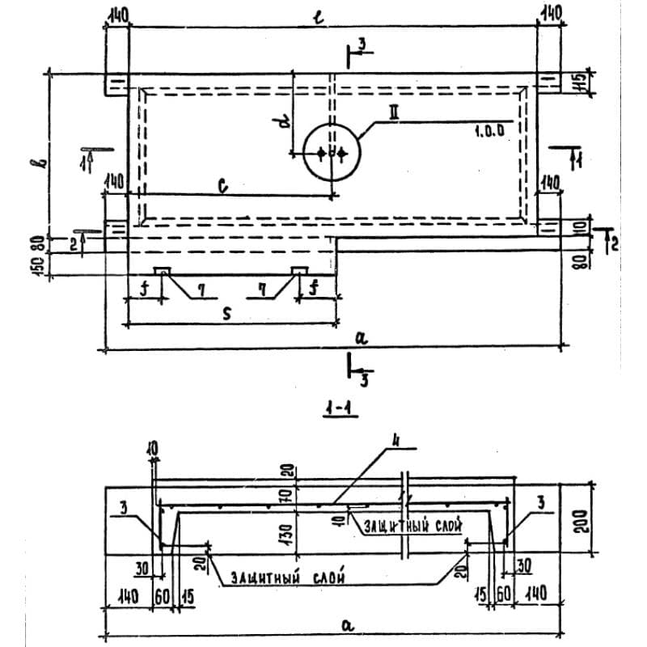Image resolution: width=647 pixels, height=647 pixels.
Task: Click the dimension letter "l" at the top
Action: pyautogui.click(x=320, y=16)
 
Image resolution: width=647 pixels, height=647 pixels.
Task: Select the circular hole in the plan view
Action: pyautogui.click(x=332, y=152)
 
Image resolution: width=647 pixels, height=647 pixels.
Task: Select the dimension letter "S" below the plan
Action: pyautogui.click(x=227, y=315)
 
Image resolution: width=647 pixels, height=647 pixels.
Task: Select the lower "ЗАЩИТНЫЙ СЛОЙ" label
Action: pyautogui.click(x=289, y=578)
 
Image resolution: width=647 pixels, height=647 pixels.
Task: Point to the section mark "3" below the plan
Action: pyautogui.click(x=365, y=380)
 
